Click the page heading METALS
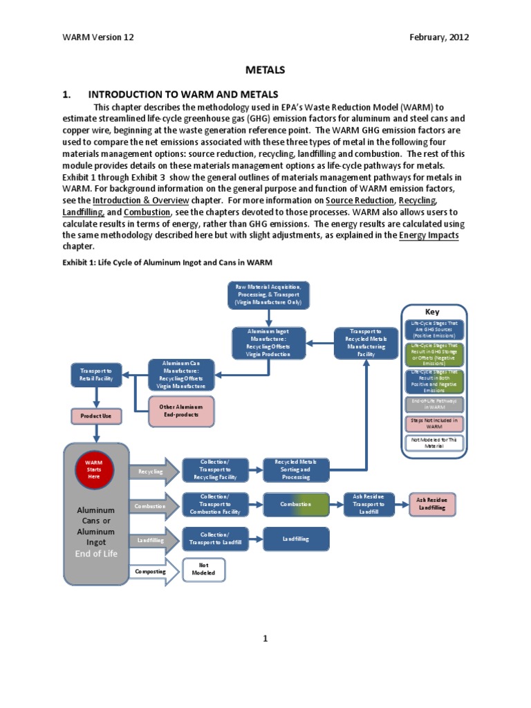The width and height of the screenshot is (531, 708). [265, 70]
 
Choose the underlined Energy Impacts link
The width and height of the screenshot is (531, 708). [429, 236]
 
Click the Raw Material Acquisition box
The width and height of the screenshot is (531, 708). [268, 295]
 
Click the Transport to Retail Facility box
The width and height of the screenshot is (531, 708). [97, 375]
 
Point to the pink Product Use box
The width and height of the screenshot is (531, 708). [96, 416]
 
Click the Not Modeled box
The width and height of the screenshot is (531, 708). [203, 570]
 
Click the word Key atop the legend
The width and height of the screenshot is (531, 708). [432, 312]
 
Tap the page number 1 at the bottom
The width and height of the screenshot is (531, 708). [265, 638]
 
